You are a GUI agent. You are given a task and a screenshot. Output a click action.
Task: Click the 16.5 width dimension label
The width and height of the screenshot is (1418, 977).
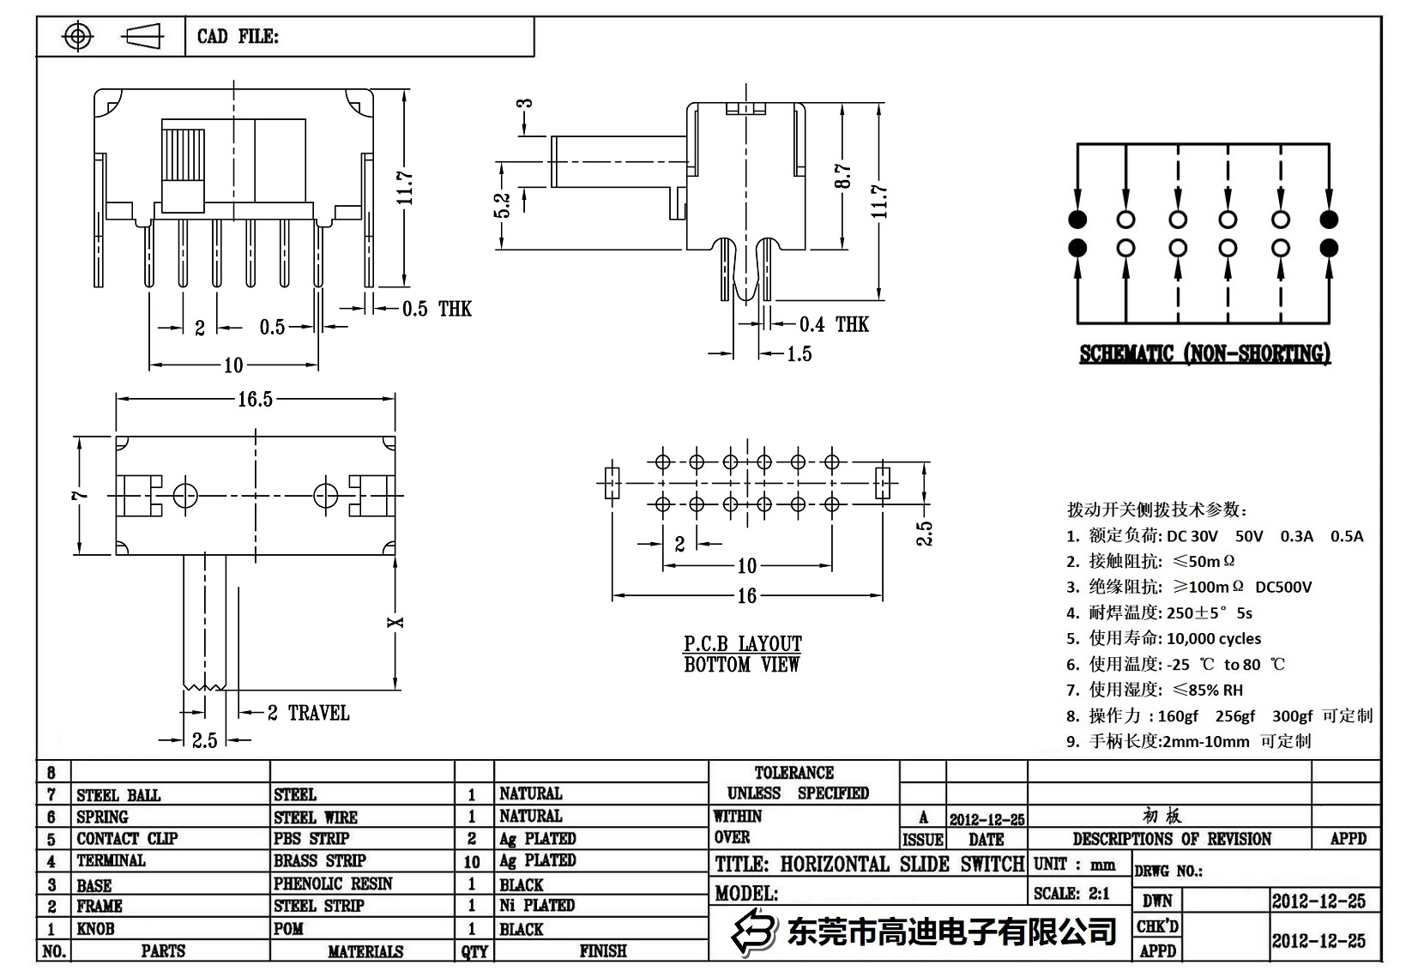(255, 400)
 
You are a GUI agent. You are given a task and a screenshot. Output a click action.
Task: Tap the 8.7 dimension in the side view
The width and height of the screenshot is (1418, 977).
(844, 177)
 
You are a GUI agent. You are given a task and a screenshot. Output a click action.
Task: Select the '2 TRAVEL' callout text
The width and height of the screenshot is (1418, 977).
(308, 713)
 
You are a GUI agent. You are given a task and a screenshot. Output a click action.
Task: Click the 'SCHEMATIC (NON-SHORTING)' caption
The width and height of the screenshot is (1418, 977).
(1204, 354)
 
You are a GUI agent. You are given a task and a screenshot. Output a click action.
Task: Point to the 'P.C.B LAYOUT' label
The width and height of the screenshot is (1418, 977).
(742, 643)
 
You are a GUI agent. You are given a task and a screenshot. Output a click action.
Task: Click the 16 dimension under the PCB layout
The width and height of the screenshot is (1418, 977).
(746, 595)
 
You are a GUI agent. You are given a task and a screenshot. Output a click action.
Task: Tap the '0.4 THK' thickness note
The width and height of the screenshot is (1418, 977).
(833, 324)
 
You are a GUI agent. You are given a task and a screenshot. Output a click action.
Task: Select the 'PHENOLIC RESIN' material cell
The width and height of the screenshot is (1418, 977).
(333, 884)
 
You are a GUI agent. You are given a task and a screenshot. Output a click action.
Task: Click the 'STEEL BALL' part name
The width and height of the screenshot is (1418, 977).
(118, 795)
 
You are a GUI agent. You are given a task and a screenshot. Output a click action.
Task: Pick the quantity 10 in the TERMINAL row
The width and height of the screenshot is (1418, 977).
(472, 861)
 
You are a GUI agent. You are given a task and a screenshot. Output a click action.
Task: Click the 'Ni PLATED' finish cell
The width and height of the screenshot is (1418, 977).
(537, 905)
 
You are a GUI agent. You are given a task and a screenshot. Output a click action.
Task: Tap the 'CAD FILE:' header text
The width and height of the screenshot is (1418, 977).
(238, 37)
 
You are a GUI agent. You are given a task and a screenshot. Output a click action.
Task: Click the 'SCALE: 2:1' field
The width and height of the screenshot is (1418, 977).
(1071, 893)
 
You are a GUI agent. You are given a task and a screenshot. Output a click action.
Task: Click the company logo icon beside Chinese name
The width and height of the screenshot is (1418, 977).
(753, 932)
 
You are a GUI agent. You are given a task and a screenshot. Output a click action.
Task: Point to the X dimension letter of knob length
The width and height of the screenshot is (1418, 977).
(395, 622)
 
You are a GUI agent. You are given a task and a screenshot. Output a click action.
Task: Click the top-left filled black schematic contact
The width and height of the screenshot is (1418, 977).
(1077, 219)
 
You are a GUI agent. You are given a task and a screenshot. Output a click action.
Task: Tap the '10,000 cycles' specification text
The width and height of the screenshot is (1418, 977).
(1214, 638)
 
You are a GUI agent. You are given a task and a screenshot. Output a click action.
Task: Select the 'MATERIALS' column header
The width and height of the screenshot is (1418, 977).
(365, 951)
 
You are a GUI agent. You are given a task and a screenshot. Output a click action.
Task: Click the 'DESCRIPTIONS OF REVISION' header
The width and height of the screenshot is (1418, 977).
(1172, 839)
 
